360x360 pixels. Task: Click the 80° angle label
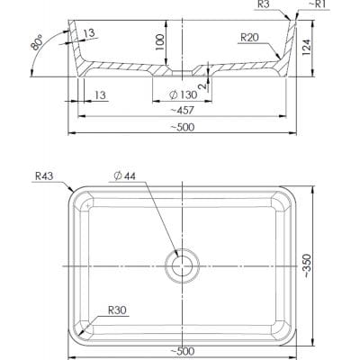tap(37, 42)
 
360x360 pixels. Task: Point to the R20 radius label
tap(249, 38)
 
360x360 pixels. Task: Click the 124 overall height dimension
tap(306, 47)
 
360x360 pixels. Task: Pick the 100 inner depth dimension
tap(160, 42)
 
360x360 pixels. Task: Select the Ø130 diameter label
tap(183, 95)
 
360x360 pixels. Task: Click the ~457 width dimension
tap(183, 111)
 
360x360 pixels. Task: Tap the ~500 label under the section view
tap(183, 127)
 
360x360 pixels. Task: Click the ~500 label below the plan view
tap(183, 351)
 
